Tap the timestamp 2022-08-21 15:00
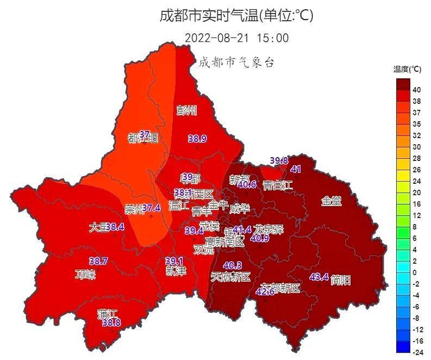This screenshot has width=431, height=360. [236, 38]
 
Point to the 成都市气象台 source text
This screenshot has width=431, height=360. [235, 62]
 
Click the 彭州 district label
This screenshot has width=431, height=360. [187, 111]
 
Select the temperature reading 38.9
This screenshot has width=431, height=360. [197, 139]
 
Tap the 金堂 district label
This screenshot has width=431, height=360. [331, 201]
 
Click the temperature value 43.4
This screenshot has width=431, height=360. [319, 277]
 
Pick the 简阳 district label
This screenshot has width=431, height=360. [340, 280]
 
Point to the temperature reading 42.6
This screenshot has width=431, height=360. [265, 292]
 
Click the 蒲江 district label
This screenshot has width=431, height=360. [108, 314]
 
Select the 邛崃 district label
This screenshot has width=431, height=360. [85, 274]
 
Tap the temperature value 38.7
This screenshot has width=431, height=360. [98, 262]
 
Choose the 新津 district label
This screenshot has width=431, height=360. [176, 271]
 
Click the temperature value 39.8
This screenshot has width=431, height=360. [279, 160]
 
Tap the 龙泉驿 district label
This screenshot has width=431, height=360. [269, 228]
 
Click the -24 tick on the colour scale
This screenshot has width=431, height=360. [417, 352]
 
